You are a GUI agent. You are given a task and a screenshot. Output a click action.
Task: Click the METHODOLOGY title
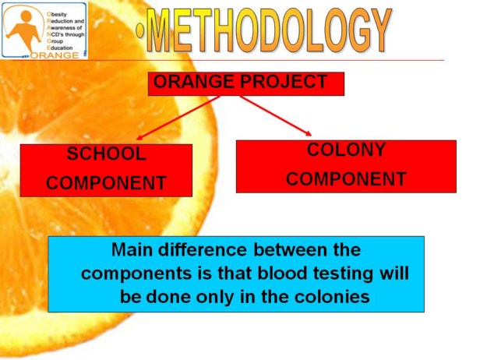tap(270, 30)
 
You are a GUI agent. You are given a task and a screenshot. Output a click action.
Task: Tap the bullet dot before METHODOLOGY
tap(140, 31)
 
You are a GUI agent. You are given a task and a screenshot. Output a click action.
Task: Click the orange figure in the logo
tap(24, 30)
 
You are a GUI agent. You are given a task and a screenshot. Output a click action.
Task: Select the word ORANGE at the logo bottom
tap(55, 55)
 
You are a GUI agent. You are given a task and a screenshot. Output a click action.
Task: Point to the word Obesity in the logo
tap(57, 14)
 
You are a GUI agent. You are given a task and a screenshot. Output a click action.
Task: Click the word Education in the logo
tap(60, 48)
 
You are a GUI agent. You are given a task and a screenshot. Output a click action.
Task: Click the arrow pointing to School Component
tap(178, 118)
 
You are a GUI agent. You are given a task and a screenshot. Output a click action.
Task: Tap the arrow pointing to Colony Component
tap(276, 115)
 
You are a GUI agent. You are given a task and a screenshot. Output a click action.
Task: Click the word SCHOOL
tap(106, 154)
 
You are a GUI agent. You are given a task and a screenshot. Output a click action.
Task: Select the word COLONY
tap(346, 150)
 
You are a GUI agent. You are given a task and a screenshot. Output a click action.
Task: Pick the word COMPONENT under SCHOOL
tap(106, 183)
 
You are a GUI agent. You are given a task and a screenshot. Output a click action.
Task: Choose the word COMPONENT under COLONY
tap(346, 178)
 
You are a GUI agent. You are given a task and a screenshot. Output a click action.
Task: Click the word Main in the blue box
tap(132, 249)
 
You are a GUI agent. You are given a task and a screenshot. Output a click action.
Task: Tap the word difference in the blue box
tap(203, 249)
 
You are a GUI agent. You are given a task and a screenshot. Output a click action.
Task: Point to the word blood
tap(282, 273)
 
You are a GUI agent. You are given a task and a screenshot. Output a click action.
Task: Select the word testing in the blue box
tap(343, 274)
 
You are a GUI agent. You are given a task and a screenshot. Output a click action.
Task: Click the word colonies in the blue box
tap(332, 296)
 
